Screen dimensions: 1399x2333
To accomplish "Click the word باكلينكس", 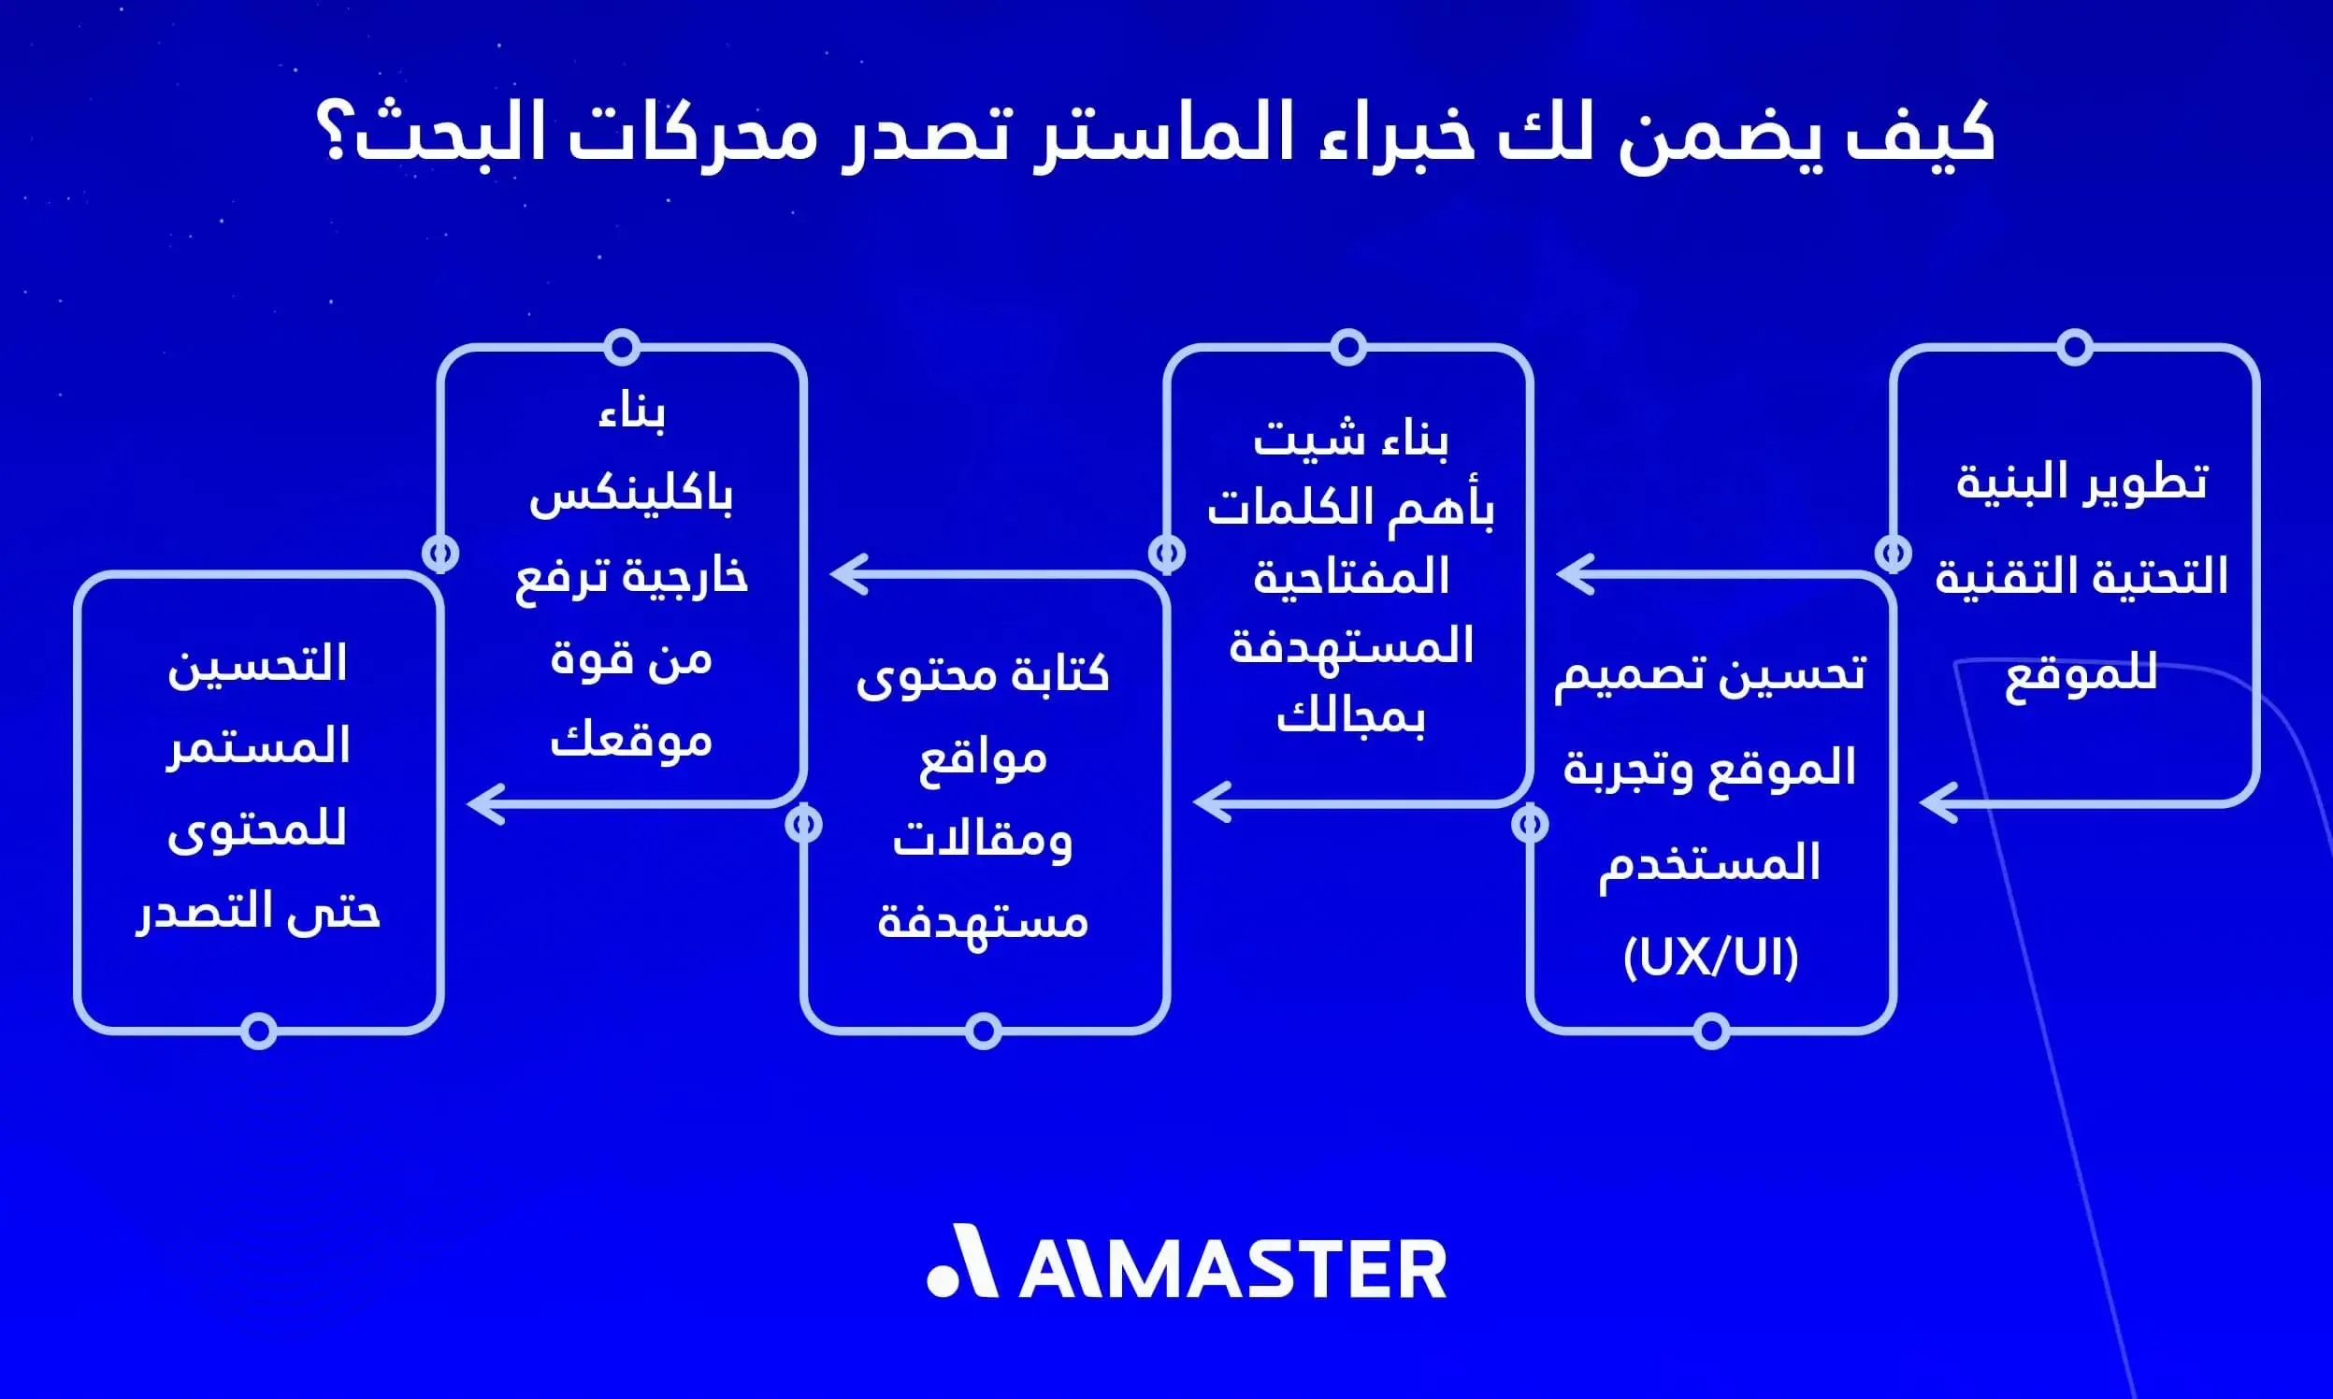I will pos(630,497).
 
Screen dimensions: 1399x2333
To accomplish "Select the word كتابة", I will pos(1059,675).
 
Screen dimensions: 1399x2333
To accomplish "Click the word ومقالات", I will pos(982,839).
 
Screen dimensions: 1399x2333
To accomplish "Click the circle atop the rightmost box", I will pos(2074,347).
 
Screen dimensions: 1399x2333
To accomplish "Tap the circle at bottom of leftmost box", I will pos(258,1031).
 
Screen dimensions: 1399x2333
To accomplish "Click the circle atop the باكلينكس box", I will pos(622,347).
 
